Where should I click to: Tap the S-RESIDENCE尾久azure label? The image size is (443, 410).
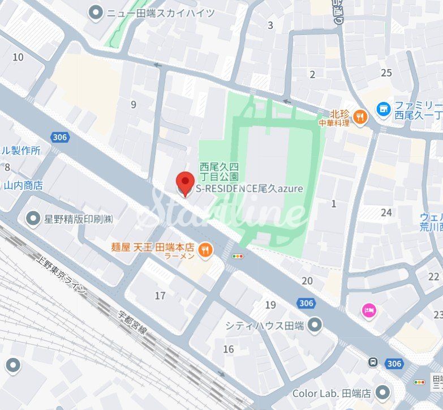pos(250,189)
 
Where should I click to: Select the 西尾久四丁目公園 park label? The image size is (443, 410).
pos(218,172)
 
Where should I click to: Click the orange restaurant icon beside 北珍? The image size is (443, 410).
pos(359,117)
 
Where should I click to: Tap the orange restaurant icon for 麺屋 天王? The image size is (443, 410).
pos(205,248)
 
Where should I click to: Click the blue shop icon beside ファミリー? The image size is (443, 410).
pos(384,107)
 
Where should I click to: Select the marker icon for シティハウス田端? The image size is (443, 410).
pos(315,325)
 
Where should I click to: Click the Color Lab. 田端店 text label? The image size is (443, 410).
pos(330,393)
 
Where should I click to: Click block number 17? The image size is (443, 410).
pos(160,296)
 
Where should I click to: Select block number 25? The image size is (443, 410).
pos(386,72)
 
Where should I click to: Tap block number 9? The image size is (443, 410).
pos(134,104)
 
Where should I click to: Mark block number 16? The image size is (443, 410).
pos(228,349)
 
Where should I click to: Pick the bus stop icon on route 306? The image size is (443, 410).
pos(373,362)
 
